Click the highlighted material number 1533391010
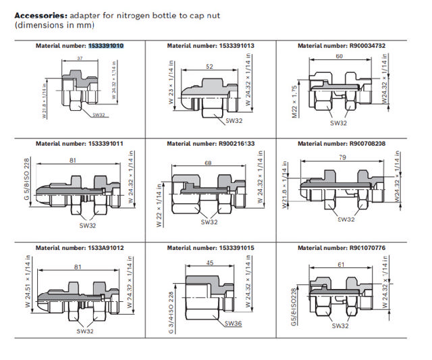105,45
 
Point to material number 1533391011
105,143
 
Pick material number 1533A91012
105,248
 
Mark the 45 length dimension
211,263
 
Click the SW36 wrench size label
234,324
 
